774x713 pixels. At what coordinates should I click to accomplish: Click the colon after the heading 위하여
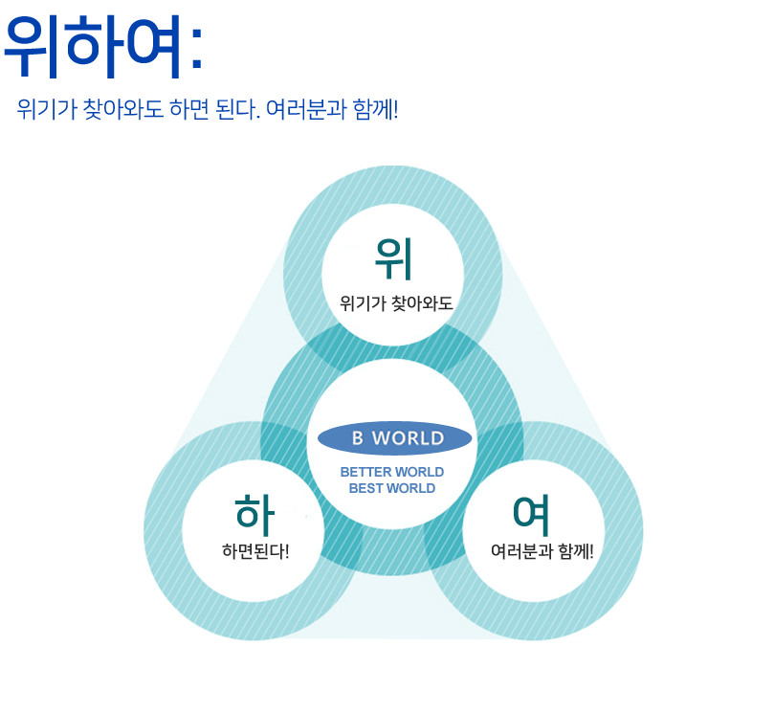196,54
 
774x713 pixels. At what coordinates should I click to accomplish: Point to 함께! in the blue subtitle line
375,108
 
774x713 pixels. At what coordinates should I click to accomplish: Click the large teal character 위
393,255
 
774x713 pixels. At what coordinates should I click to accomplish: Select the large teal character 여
531,514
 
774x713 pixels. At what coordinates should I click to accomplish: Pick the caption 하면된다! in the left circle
254,552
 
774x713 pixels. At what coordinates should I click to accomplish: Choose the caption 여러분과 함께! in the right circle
542,552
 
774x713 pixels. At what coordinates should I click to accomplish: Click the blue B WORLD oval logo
395,438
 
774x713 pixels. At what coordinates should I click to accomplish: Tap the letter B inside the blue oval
357,438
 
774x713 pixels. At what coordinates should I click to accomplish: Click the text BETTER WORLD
392,472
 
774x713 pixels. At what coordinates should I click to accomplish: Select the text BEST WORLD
392,488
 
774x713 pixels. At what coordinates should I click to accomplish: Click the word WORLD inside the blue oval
409,438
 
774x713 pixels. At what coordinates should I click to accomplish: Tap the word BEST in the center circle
365,488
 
